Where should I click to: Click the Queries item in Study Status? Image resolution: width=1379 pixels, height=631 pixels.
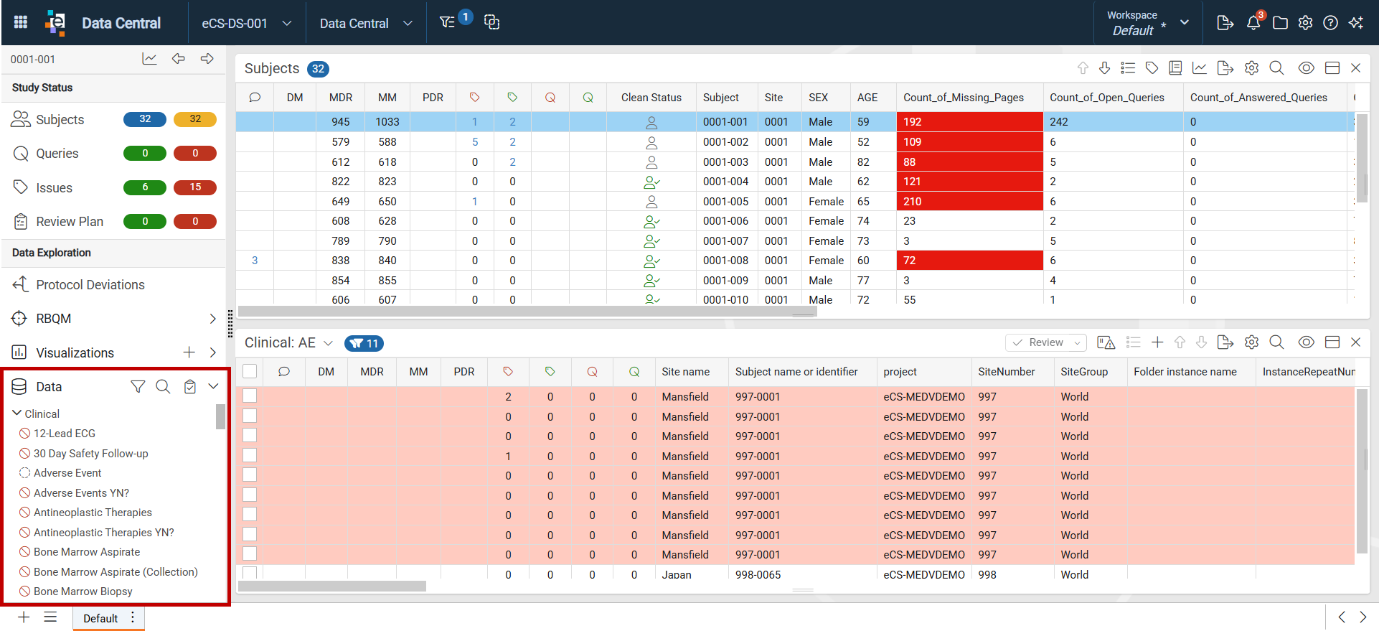57,154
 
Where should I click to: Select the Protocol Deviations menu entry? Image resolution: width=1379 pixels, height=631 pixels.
90,285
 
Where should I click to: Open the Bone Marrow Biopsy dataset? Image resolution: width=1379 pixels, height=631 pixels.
83,592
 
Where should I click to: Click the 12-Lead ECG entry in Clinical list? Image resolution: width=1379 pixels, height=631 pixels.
65,434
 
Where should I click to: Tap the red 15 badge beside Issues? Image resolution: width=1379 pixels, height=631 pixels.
195,187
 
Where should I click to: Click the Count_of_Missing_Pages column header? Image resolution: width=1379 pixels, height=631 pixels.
964,98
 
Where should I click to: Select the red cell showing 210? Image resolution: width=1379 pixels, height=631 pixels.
970,202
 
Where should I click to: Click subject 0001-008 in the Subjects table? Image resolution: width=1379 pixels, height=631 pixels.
725,261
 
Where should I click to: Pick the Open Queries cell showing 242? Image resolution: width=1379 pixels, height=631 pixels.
1059,122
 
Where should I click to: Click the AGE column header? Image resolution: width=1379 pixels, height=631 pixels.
867,98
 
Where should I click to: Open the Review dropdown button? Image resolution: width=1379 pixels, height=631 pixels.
1046,342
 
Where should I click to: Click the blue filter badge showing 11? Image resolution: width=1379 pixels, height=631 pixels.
364,343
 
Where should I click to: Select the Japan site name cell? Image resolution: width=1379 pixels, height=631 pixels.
677,574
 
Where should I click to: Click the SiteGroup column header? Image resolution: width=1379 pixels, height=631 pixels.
1084,372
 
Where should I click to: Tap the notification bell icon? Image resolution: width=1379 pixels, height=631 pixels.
1253,22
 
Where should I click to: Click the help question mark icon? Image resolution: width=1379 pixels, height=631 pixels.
1330,23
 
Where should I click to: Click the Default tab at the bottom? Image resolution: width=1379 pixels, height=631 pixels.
100,618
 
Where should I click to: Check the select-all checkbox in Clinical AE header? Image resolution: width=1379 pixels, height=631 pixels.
250,371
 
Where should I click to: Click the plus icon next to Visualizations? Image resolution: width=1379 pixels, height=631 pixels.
189,352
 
